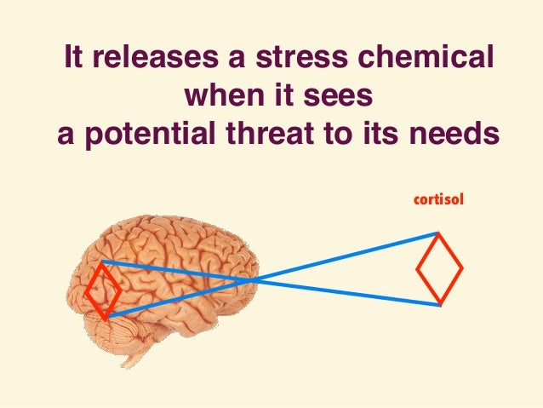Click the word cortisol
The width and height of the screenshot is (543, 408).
pyautogui.click(x=437, y=200)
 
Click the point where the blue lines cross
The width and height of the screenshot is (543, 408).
pyautogui.click(x=249, y=279)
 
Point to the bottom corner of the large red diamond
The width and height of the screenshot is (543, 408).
pyautogui.click(x=439, y=304)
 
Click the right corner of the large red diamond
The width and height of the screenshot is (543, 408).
pyautogui.click(x=461, y=269)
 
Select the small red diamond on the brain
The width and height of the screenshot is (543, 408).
pyautogui.click(x=103, y=290)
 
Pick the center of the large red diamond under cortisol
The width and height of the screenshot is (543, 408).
pyautogui.click(x=439, y=269)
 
